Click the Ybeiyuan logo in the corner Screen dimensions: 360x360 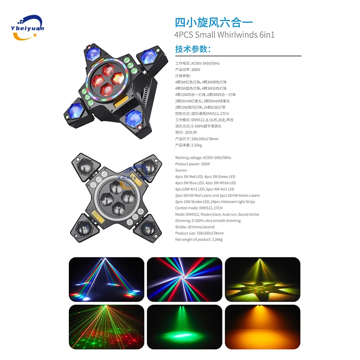pos(28,27)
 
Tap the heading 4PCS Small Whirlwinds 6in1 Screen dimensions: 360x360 pos(224,34)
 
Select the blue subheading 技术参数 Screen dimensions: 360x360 pos(192,49)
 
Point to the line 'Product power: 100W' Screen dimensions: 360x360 pos(192,164)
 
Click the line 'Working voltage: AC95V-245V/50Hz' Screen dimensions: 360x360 pos(203,158)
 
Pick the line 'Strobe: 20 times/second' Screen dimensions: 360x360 pos(194,227)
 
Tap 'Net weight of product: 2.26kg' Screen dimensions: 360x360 pos(199,240)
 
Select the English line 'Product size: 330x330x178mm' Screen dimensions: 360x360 pos(199,233)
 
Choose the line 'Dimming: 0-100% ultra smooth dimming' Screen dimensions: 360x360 pos(208,221)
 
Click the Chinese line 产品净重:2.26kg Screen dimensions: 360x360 pos(188,145)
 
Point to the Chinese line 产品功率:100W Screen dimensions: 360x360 pos(188,70)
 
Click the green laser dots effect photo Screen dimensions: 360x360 pos(106,326)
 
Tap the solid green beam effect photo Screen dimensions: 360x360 pos(184,326)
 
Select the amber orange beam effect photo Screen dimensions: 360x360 pos(262,326)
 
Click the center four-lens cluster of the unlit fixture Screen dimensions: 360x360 pos(115,196)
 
